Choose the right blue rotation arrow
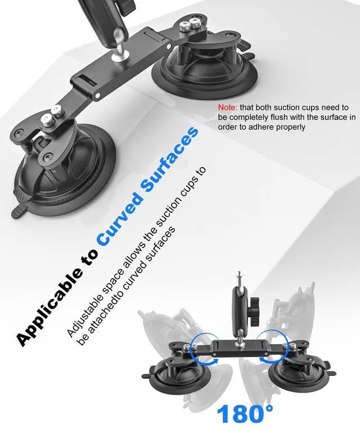(x=284, y=346)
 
